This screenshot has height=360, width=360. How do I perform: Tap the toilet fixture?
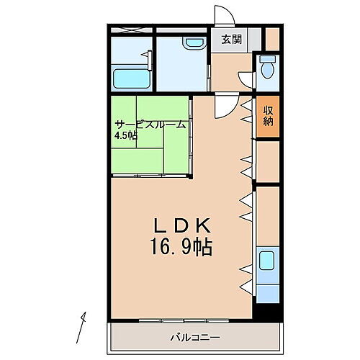pyautogui.click(x=269, y=69)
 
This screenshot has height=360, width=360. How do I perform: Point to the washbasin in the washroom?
pyautogui.click(x=193, y=43)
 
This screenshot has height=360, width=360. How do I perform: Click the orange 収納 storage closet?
pyautogui.click(x=268, y=117)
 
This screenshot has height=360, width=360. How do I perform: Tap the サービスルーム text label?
pyautogui.click(x=150, y=125)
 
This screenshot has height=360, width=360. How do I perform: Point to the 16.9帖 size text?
pyautogui.click(x=181, y=248)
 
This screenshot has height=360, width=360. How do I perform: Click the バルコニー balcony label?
pyautogui.click(x=195, y=338)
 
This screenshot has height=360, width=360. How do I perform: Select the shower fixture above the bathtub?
pyautogui.click(x=148, y=56)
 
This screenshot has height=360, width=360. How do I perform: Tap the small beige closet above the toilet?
pyautogui.click(x=271, y=37)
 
